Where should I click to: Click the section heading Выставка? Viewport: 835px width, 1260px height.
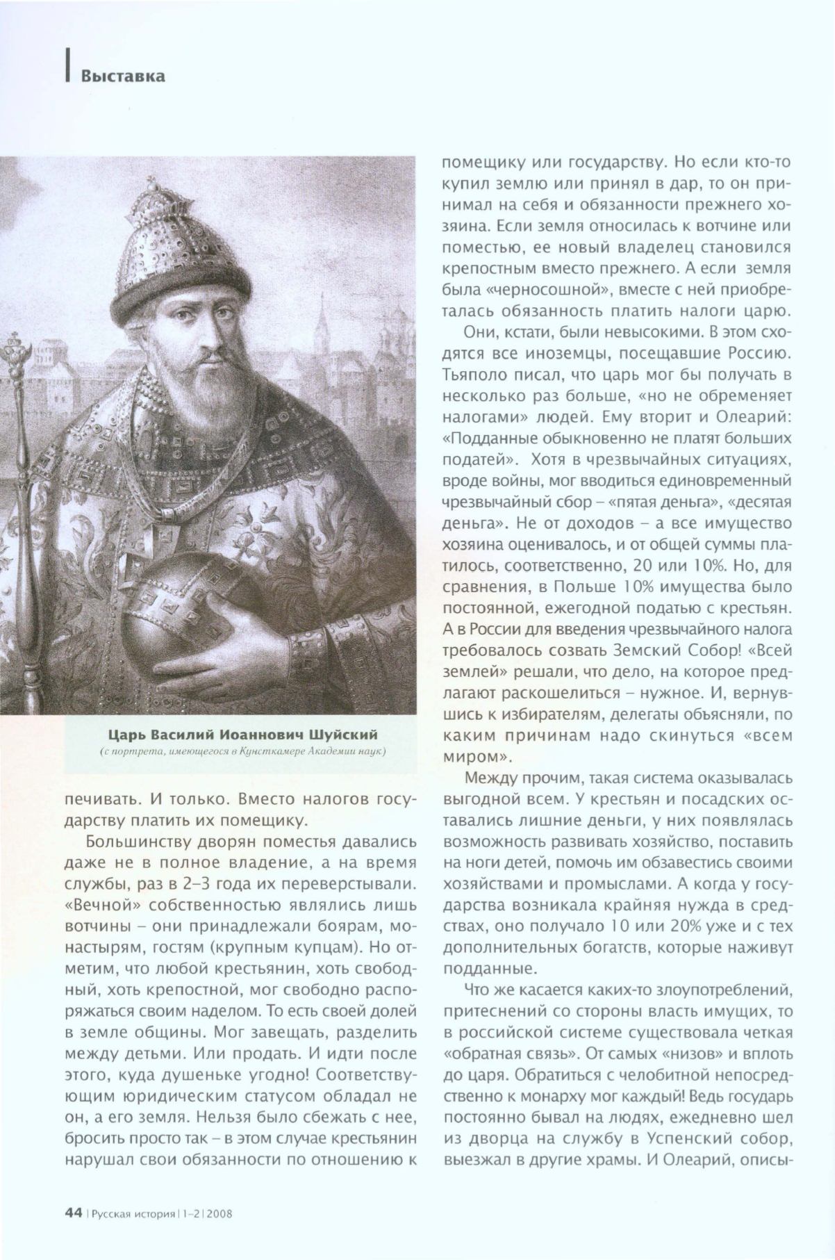coord(123,76)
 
